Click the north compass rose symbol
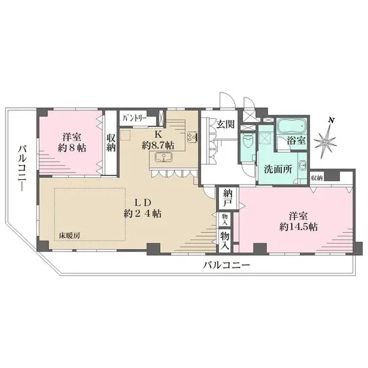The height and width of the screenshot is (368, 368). click(x=325, y=139)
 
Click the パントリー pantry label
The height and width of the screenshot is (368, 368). click(x=132, y=118)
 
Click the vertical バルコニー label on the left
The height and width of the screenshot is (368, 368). click(x=21, y=166)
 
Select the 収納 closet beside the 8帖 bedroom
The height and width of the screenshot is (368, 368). click(x=111, y=143)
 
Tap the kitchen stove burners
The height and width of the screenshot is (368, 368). click(x=191, y=137)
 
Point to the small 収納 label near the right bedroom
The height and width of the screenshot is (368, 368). click(x=316, y=177)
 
